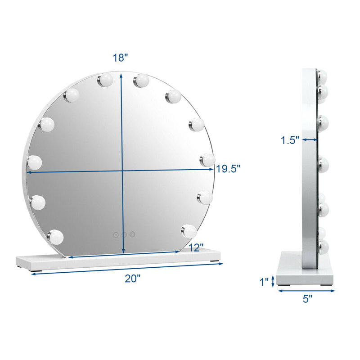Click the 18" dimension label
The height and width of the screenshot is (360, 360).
click(x=120, y=58)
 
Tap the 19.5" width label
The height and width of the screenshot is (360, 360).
click(x=228, y=169)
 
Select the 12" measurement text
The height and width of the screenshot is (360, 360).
click(x=196, y=247)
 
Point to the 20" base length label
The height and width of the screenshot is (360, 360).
click(x=132, y=279)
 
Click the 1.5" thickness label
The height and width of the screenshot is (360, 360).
click(x=290, y=140)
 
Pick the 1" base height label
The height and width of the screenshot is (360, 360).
click(x=264, y=282)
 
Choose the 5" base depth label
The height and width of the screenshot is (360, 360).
click(x=307, y=299)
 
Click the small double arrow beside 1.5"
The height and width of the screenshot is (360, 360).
click(x=310, y=139)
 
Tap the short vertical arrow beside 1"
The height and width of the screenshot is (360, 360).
click(x=273, y=281)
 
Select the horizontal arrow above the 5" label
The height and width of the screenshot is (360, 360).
click(x=306, y=291)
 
